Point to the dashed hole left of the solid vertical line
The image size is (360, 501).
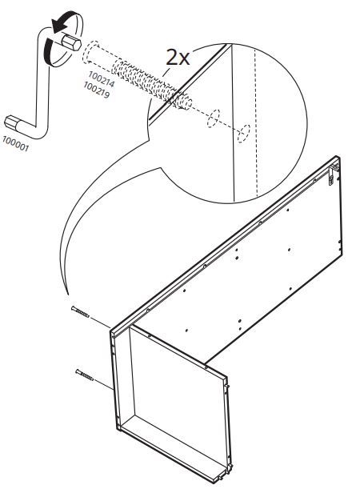(213, 118)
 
